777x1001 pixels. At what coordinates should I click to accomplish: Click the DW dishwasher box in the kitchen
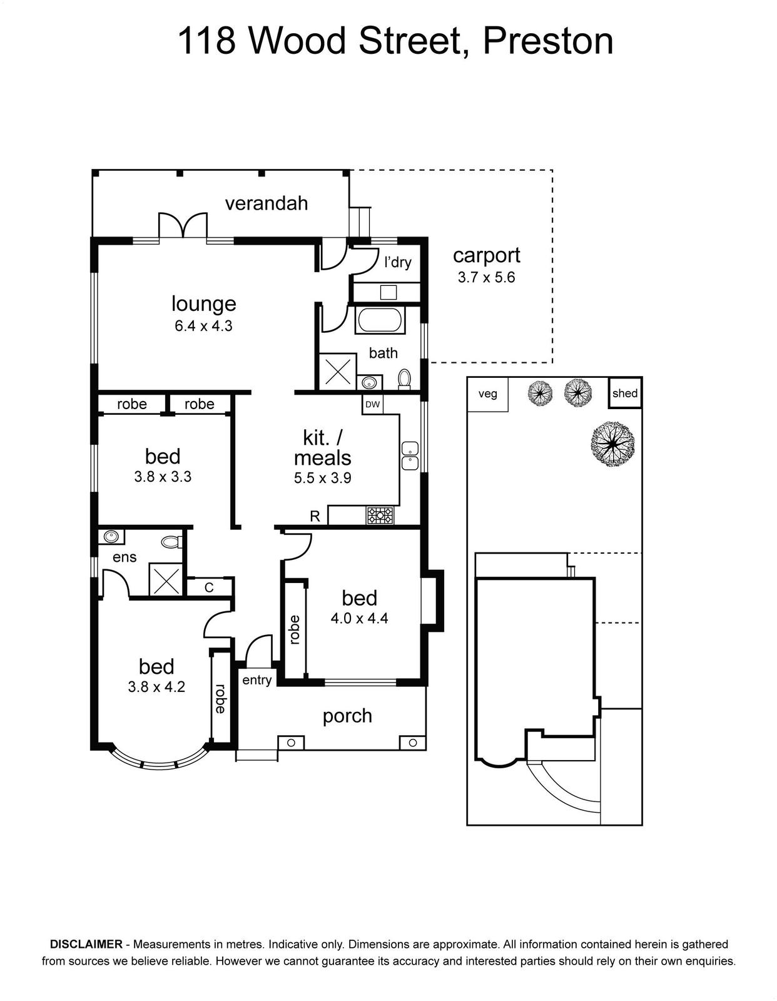click(372, 404)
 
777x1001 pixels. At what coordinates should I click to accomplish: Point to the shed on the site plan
click(624, 393)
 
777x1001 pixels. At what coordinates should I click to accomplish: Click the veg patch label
click(488, 394)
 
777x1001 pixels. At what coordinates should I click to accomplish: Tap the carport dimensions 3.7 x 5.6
click(486, 277)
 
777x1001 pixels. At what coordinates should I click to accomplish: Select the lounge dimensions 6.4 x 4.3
click(203, 326)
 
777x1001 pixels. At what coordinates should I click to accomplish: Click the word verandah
click(267, 203)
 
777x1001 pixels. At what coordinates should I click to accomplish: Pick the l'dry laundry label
click(397, 262)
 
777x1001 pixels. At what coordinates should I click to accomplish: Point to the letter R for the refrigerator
click(315, 516)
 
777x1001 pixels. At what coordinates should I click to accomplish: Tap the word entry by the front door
click(257, 680)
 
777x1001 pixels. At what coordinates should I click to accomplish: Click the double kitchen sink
click(409, 456)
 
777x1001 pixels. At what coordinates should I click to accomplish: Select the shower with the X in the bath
click(338, 371)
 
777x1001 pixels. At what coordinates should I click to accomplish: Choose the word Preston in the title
click(547, 41)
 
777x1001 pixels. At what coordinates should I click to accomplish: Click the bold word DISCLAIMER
click(86, 944)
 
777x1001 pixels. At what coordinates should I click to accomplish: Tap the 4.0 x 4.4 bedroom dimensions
click(359, 618)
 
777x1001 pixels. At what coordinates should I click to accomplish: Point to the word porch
click(347, 716)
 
